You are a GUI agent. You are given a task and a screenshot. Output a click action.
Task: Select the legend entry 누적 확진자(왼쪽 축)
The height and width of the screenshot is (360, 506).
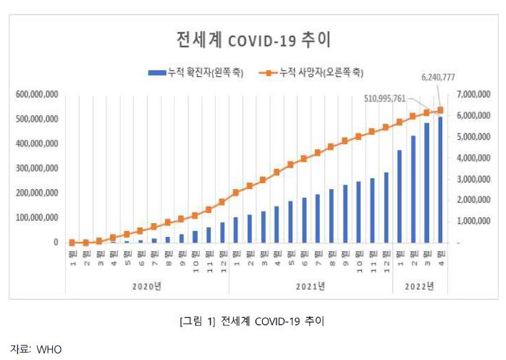click(x=193, y=72)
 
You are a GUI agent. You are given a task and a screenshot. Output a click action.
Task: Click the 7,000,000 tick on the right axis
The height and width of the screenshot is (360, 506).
click(x=476, y=95)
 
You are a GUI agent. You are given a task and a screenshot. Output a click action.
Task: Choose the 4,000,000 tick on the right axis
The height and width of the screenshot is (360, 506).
click(x=476, y=158)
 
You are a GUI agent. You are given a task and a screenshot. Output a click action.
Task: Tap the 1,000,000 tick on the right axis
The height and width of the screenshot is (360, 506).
click(x=476, y=221)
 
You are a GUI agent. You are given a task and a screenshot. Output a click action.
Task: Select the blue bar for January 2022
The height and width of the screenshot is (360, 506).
click(x=399, y=196)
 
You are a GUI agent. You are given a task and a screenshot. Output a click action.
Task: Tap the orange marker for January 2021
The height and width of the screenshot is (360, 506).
click(x=235, y=193)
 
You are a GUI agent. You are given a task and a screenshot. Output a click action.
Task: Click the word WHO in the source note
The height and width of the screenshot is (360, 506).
click(x=50, y=349)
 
